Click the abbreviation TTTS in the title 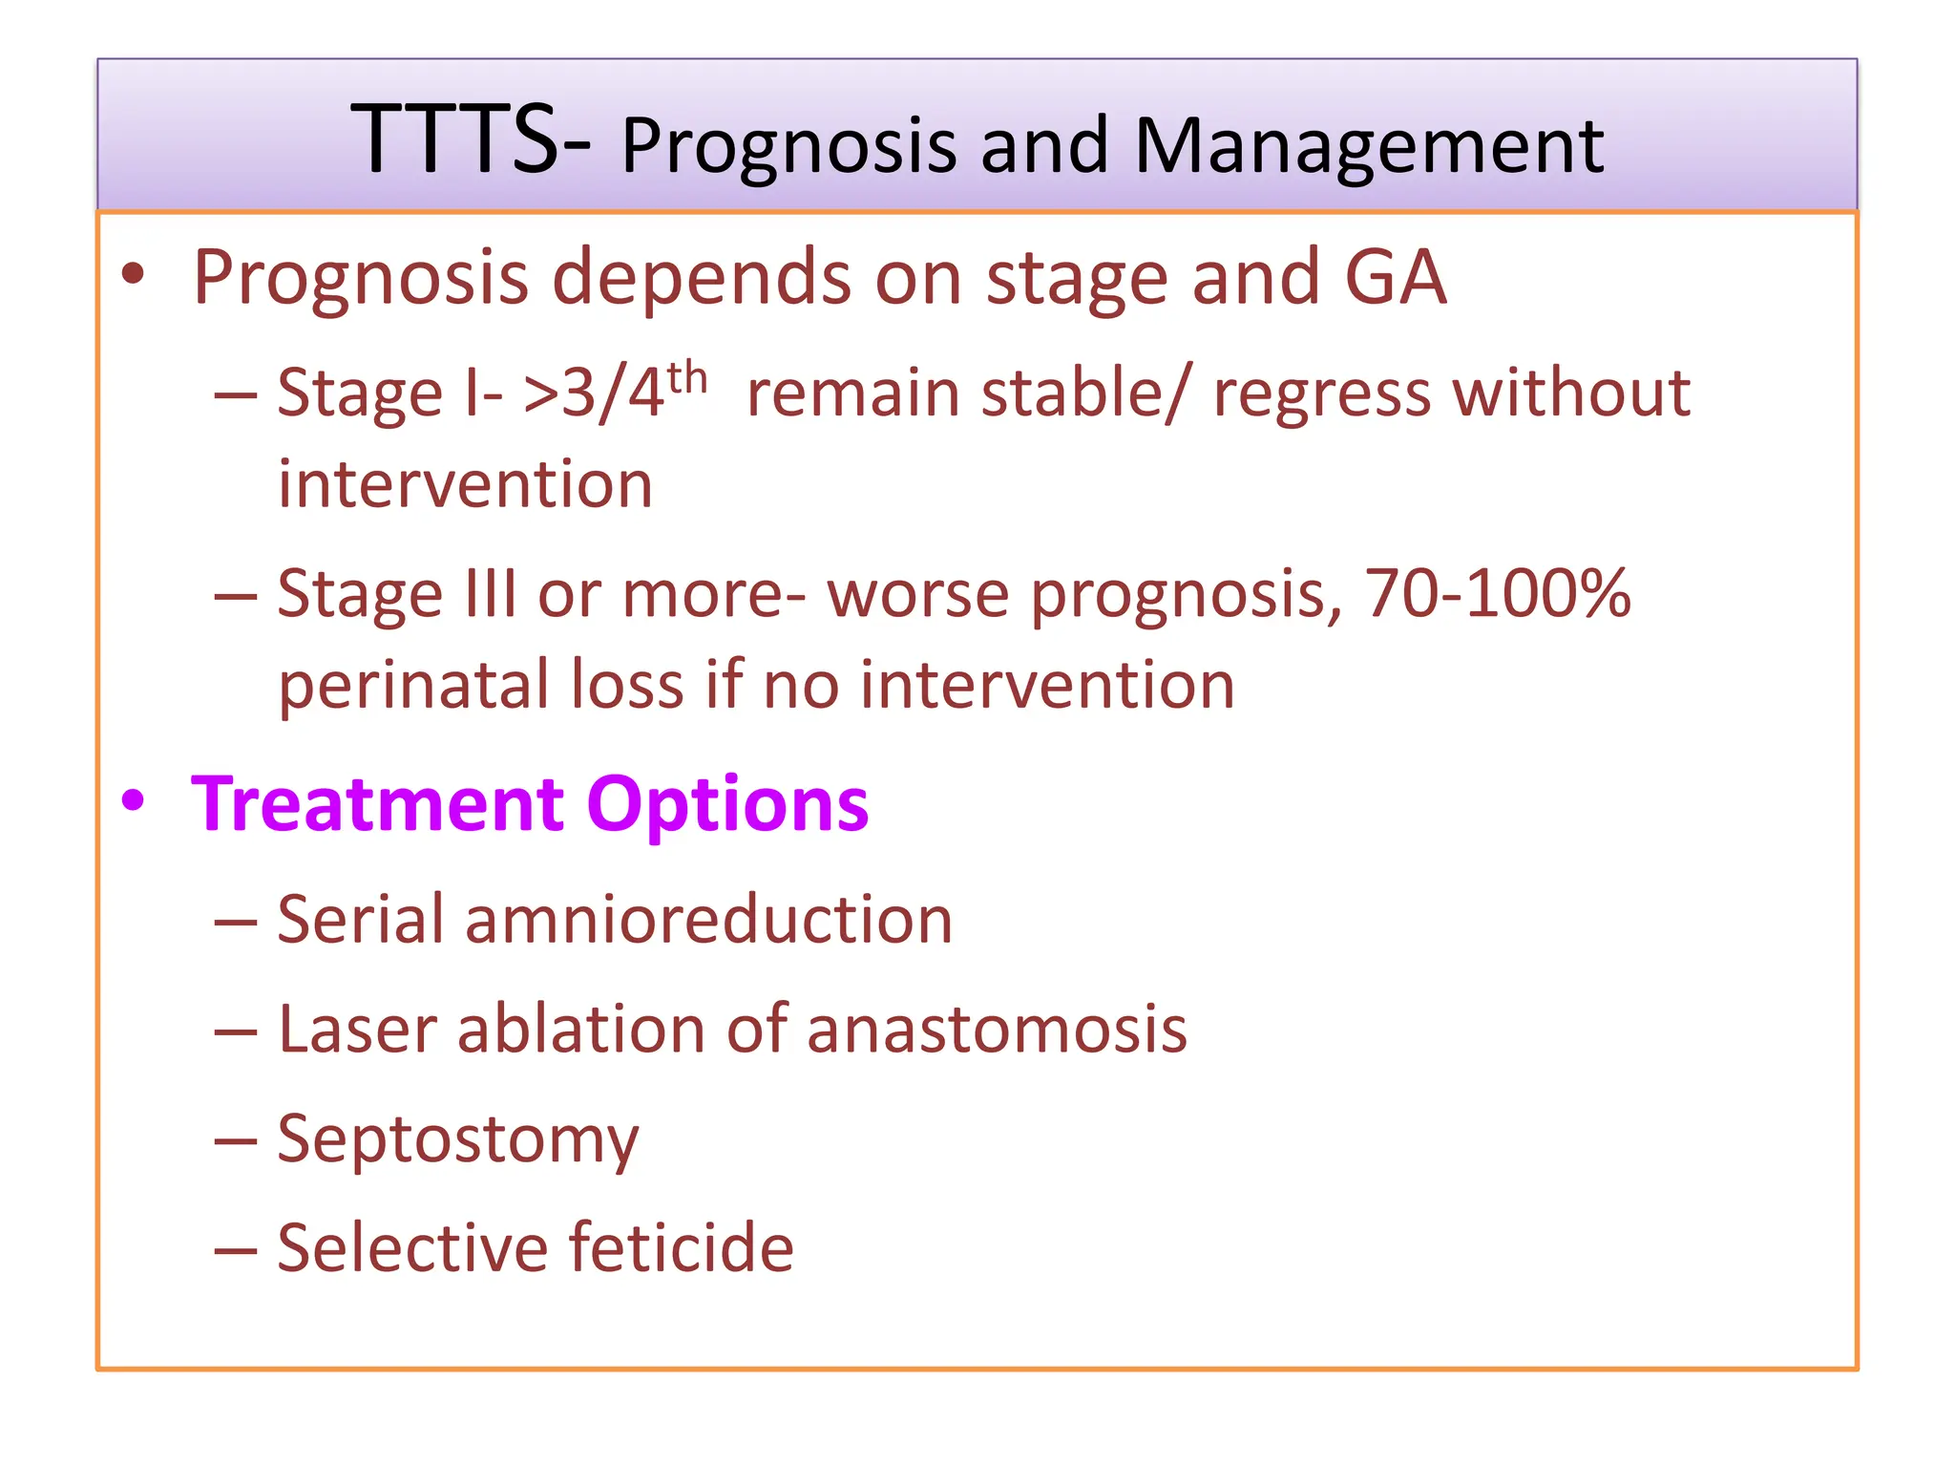pos(454,140)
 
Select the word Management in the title pos(1369,147)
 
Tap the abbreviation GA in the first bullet pos(1395,277)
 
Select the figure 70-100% pos(1497,593)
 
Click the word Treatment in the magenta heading pos(378,804)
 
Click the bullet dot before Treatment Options pos(133,800)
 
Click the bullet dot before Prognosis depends pos(133,274)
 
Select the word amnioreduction pos(708,920)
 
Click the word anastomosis pos(997,1030)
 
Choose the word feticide pos(682,1247)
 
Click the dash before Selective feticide pos(235,1249)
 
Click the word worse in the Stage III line pos(917,594)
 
